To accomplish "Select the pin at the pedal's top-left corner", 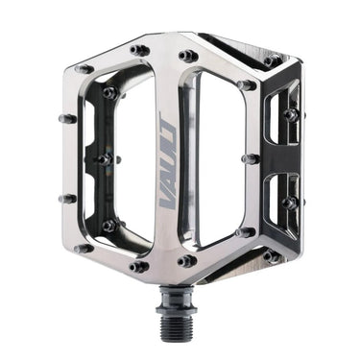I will (x=84, y=69).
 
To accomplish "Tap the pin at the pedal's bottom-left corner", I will (x=84, y=248).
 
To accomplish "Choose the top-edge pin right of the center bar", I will (x=188, y=56).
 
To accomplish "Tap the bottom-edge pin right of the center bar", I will (x=188, y=260).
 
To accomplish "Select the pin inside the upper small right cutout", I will (x=290, y=114).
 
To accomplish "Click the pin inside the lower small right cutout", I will (x=288, y=203).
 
